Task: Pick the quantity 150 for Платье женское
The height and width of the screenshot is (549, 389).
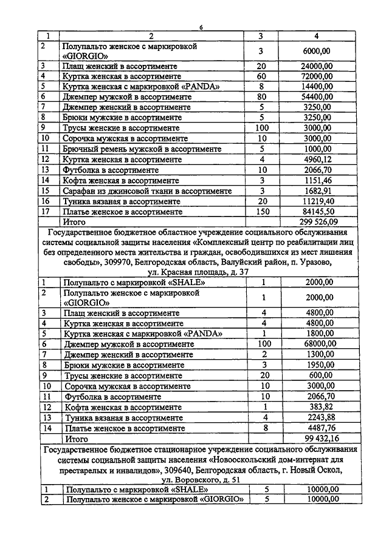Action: pos(262,212)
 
